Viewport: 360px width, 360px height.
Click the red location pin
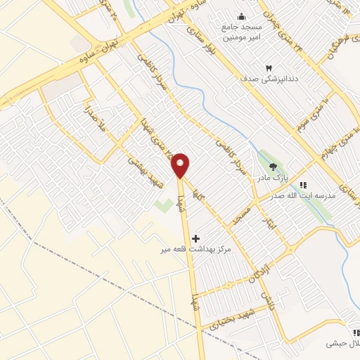[181, 165]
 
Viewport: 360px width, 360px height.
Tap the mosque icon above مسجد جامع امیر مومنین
[242, 17]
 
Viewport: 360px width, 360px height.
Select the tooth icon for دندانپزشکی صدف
[268, 67]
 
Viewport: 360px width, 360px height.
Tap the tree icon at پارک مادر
[273, 167]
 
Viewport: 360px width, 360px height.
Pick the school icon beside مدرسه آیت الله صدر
[303, 185]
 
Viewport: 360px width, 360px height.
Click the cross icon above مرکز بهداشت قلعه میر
[195, 239]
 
